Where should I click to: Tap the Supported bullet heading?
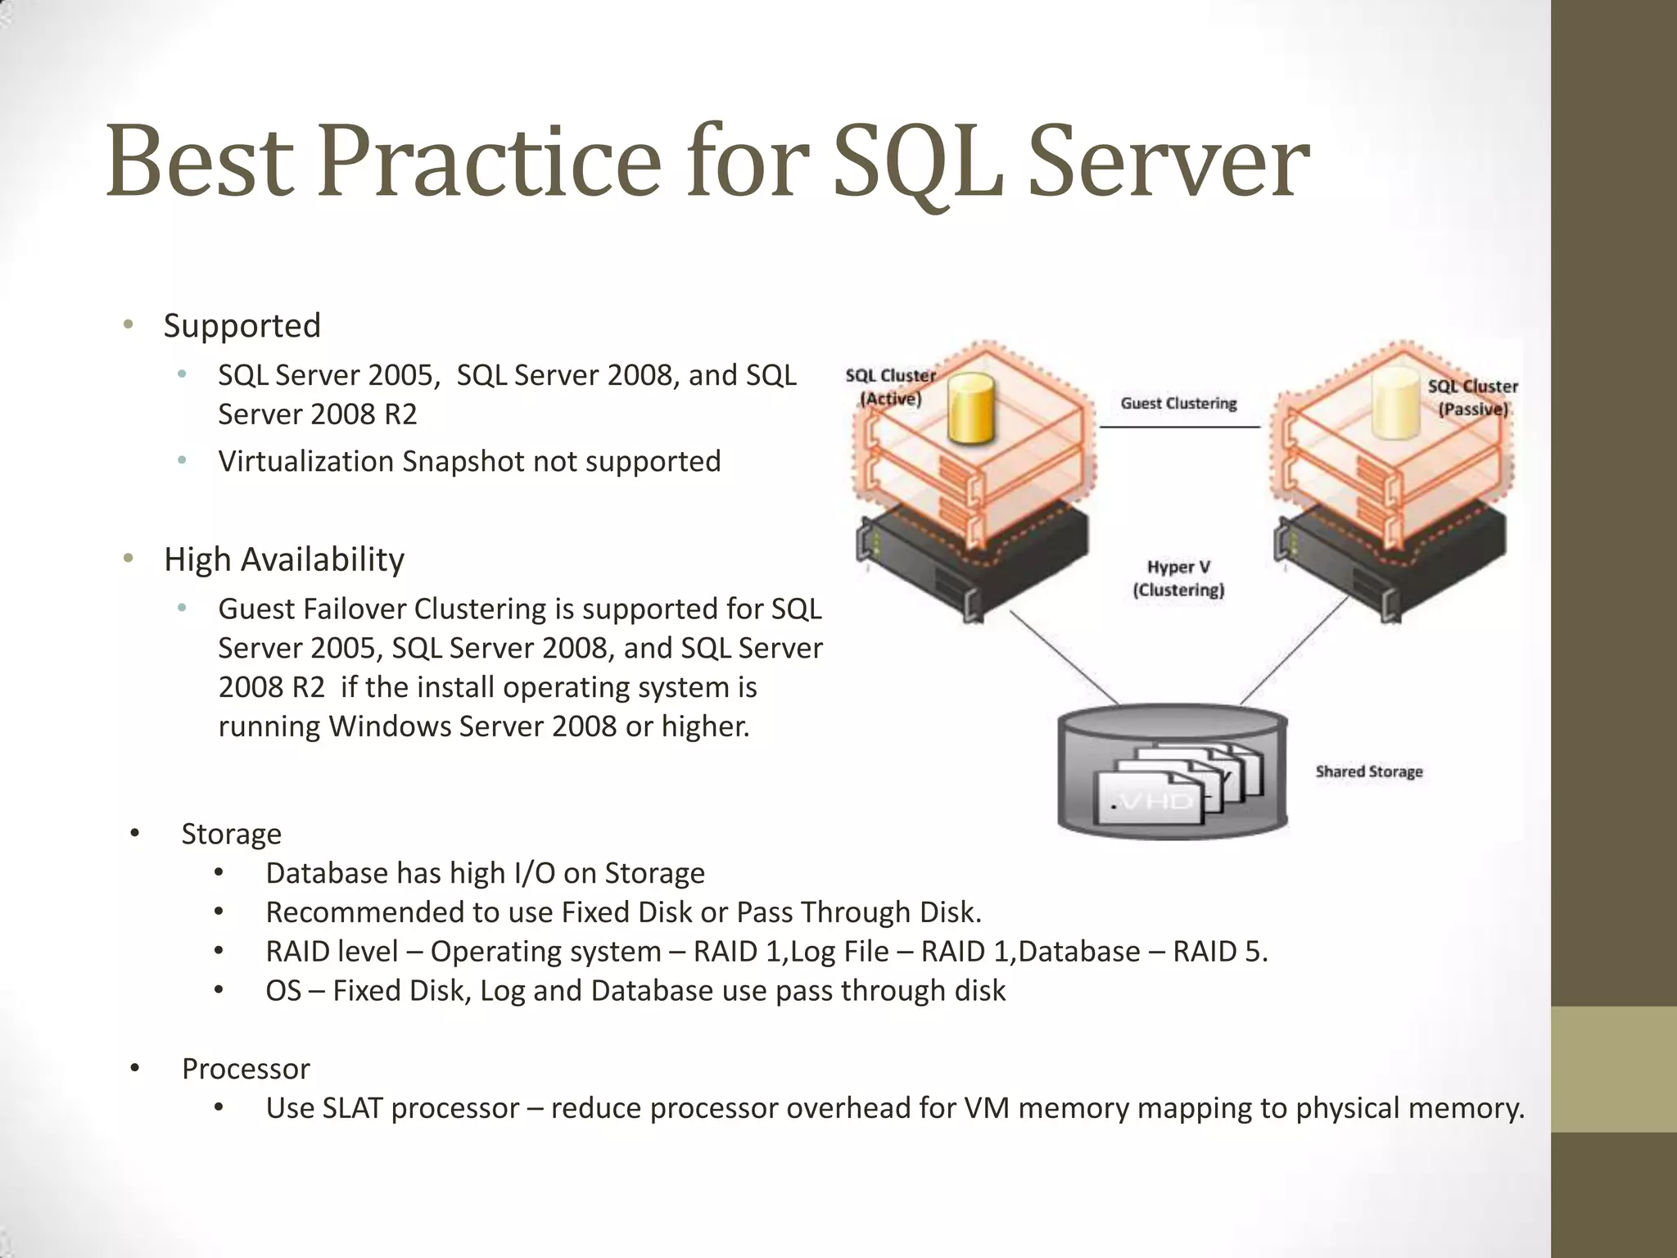pyautogui.click(x=242, y=325)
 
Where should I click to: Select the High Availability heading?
pyautogui.click(x=283, y=559)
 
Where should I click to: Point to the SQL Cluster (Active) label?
pyautogui.click(x=890, y=387)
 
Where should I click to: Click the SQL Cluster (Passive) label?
pyautogui.click(x=1472, y=397)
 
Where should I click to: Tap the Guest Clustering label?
pyautogui.click(x=1178, y=403)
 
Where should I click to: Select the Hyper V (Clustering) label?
pyautogui.click(x=1178, y=578)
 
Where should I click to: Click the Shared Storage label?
pyautogui.click(x=1368, y=772)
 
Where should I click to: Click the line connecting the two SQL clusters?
pyautogui.click(x=1179, y=427)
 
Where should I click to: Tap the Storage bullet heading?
pyautogui.click(x=231, y=834)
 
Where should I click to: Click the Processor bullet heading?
pyautogui.click(x=245, y=1069)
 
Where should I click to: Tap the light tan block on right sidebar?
pyautogui.click(x=1613, y=1069)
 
